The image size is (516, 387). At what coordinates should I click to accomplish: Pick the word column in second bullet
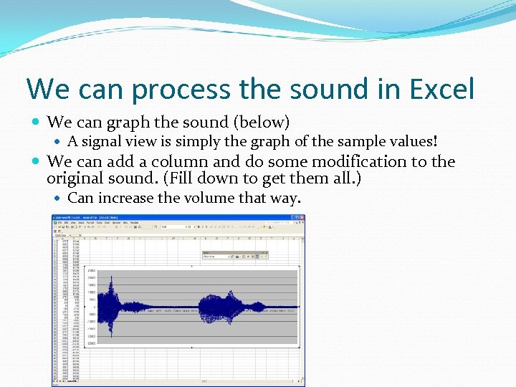tap(189, 161)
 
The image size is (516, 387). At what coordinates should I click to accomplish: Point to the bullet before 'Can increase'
tap(59, 198)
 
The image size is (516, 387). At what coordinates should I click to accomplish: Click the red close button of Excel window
tap(301, 218)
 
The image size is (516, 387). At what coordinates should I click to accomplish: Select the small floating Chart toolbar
tap(234, 254)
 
